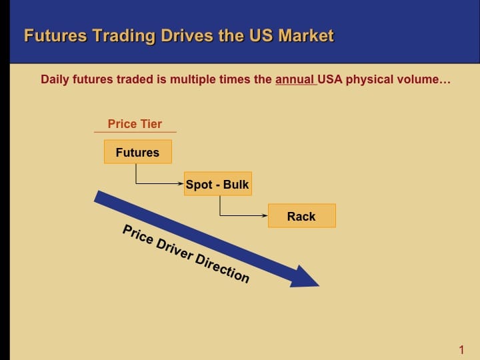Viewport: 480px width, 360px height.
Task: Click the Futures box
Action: point(137,152)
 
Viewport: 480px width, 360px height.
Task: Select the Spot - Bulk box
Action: point(217,185)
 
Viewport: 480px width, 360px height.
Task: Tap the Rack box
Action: point(301,216)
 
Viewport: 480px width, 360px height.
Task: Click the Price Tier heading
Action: point(135,124)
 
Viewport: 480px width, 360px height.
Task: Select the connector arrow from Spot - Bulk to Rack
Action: point(243,215)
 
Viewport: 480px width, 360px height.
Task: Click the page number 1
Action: point(461,349)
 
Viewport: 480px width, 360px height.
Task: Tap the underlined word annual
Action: point(295,80)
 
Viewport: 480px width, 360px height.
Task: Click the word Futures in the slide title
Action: point(55,35)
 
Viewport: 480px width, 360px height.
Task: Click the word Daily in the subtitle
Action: point(55,80)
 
